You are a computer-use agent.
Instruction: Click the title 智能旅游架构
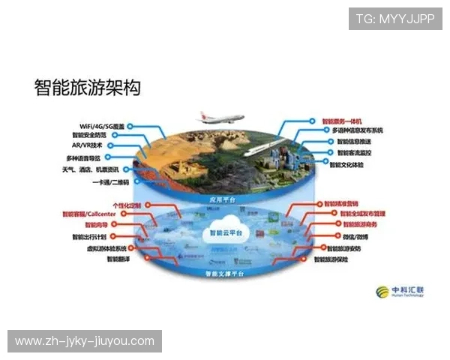click(87, 87)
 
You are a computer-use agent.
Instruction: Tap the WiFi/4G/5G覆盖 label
click(102, 126)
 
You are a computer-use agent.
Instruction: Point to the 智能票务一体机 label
click(342, 121)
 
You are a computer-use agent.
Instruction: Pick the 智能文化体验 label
click(346, 163)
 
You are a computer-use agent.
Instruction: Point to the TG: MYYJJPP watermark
click(394, 18)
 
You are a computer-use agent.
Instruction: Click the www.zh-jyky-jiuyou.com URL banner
click(84, 341)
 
